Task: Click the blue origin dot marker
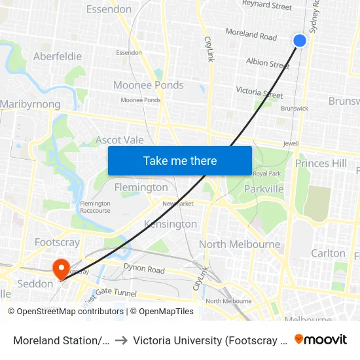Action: click(x=300, y=41)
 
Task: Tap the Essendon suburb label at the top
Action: click(x=109, y=9)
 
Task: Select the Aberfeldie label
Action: click(x=58, y=56)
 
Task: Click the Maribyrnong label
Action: click(x=30, y=104)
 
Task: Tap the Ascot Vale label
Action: click(x=119, y=140)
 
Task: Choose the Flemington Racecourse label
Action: click(x=95, y=207)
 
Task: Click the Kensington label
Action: click(x=170, y=224)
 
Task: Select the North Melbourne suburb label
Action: click(x=239, y=244)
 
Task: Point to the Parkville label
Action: click(x=263, y=189)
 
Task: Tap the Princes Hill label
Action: click(x=321, y=163)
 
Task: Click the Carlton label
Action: click(x=328, y=253)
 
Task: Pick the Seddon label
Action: click(x=35, y=284)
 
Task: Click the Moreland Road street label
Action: click(x=251, y=34)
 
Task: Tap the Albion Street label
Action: click(x=267, y=64)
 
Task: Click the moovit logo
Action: click(x=320, y=339)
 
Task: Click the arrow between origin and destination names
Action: click(x=122, y=340)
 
